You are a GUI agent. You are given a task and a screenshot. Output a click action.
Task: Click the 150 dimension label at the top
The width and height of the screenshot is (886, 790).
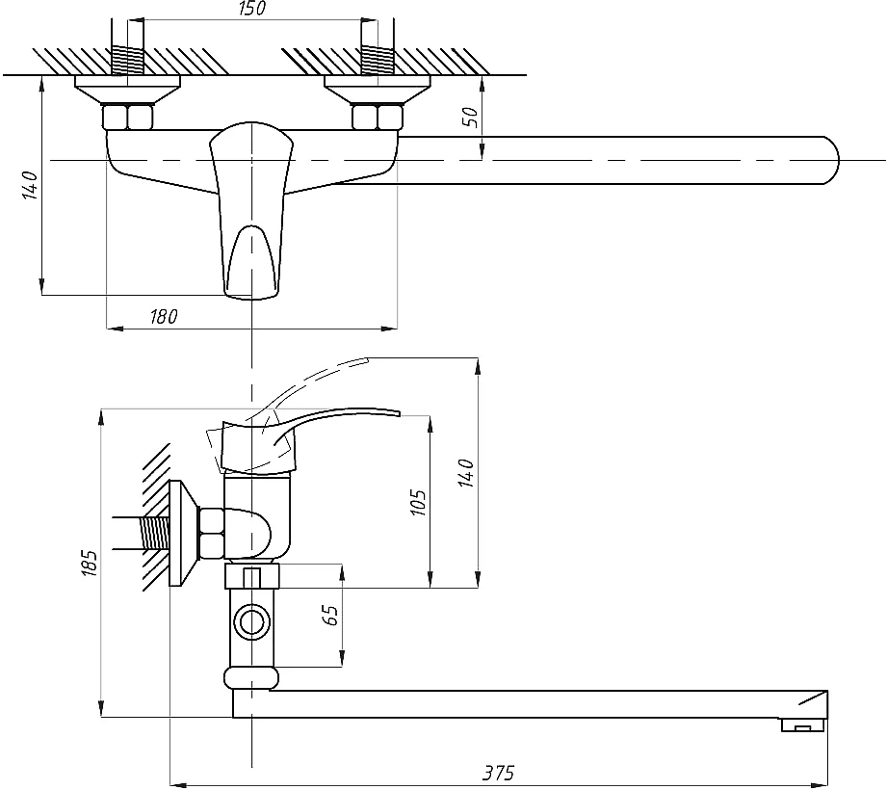(251, 9)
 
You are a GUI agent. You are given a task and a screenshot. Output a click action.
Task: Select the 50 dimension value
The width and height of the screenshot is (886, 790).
(472, 117)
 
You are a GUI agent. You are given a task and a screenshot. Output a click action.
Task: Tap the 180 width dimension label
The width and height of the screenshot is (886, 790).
(164, 317)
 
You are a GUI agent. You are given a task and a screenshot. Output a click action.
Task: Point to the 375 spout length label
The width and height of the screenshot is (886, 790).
(499, 773)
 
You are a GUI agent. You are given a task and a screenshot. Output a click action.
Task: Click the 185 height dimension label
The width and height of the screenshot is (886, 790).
(91, 563)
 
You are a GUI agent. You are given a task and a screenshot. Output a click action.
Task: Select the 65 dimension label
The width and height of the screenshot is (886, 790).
(331, 615)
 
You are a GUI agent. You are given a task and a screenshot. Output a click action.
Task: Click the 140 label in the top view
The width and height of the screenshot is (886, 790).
(30, 185)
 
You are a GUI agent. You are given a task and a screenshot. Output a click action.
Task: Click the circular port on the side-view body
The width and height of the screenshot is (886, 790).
(252, 622)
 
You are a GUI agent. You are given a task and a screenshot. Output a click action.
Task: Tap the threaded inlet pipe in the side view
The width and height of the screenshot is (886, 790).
(142, 533)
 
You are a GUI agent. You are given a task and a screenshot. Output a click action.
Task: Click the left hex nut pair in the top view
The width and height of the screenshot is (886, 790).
(128, 117)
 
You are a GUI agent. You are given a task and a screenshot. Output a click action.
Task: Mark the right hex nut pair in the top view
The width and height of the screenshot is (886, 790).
(378, 117)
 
